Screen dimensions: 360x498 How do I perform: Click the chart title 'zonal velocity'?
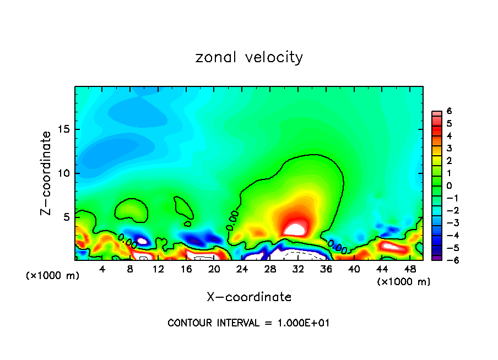[x=249, y=57]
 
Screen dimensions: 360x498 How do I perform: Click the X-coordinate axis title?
[x=249, y=297]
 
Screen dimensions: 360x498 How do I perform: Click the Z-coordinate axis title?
[x=47, y=173]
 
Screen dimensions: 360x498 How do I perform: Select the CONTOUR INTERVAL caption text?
[x=248, y=323]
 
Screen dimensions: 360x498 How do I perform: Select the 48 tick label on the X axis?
[x=410, y=269]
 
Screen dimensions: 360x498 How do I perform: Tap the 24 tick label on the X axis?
[x=242, y=269]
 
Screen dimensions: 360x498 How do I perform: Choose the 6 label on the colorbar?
[x=449, y=112]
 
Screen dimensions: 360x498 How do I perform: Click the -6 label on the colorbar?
[x=447, y=260]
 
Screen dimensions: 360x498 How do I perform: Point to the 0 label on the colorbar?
[x=449, y=186]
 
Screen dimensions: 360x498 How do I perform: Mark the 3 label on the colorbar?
[x=449, y=149]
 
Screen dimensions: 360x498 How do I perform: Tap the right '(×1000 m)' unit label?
[x=403, y=282]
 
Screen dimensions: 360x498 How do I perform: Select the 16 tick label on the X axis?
[x=186, y=269]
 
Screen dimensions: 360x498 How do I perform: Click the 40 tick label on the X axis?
[x=354, y=269]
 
